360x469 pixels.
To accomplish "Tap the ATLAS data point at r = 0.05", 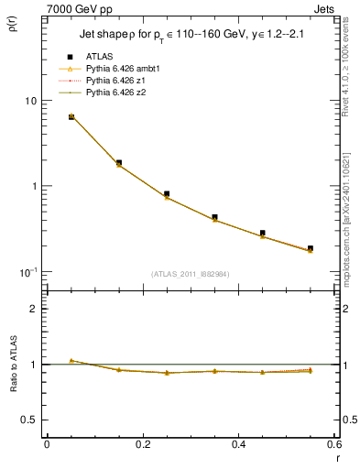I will coord(71,116).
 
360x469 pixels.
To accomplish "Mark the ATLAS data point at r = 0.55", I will coord(310,248).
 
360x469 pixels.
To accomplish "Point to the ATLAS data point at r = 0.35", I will coord(214,217).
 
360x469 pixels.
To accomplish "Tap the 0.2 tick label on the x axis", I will coord(143,445).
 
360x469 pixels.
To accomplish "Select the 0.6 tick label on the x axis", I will coord(333,445).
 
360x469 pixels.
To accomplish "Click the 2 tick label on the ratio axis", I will coord(33,309).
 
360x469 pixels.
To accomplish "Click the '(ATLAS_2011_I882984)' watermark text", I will coord(191,273).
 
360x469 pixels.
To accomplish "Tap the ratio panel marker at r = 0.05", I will coord(71,360).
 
